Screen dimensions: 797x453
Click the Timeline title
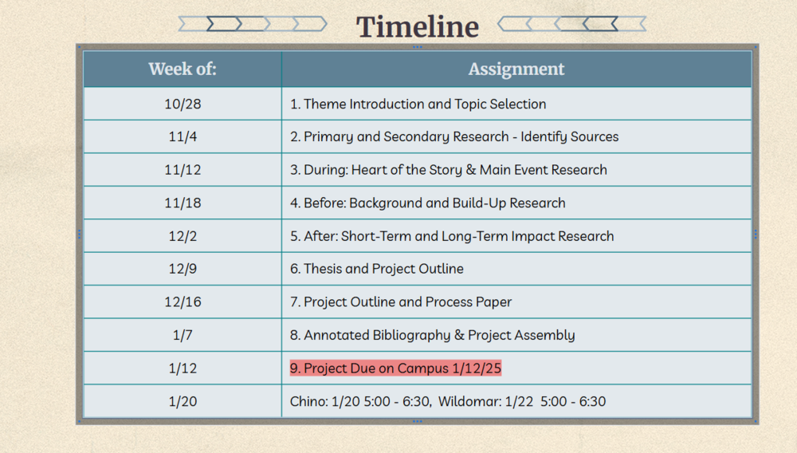click(418, 26)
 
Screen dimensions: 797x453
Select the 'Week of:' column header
click(183, 69)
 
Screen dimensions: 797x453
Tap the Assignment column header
click(516, 69)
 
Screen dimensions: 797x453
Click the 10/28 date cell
click(183, 104)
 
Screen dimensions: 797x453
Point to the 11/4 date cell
click(183, 136)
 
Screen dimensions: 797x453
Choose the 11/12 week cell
click(183, 170)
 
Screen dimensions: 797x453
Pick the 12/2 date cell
click(183, 236)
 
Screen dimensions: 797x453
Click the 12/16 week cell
click(183, 302)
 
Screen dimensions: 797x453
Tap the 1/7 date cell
click(183, 335)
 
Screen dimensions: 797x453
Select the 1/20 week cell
click(183, 401)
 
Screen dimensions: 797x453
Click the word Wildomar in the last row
click(469, 401)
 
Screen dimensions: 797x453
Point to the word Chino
click(308, 401)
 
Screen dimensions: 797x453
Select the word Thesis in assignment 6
click(323, 269)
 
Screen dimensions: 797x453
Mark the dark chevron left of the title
click(224, 24)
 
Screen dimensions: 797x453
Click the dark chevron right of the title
click(600, 24)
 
